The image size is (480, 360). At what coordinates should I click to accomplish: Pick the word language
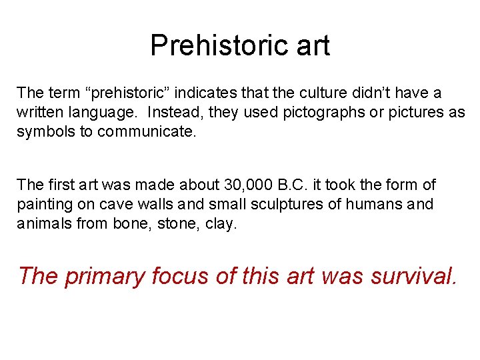click(x=98, y=113)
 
